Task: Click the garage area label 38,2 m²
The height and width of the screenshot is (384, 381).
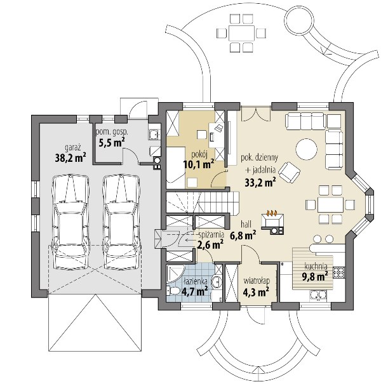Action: (70, 158)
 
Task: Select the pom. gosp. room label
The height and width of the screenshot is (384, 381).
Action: (112, 133)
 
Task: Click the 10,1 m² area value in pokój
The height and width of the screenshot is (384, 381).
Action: (199, 164)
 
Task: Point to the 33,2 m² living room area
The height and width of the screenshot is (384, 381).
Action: (260, 182)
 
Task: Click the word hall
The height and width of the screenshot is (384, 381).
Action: (246, 224)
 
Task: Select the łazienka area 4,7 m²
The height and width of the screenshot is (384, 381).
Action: (195, 291)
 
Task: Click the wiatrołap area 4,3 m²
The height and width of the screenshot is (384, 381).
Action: (257, 291)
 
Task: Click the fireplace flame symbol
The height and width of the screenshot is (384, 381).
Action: (272, 213)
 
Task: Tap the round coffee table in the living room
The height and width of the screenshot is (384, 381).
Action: (306, 149)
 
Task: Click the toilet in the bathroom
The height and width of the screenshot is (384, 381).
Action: (173, 291)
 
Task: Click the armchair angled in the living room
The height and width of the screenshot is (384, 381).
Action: (290, 172)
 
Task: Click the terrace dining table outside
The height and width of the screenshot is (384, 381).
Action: (242, 33)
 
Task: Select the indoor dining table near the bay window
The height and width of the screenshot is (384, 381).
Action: (330, 204)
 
